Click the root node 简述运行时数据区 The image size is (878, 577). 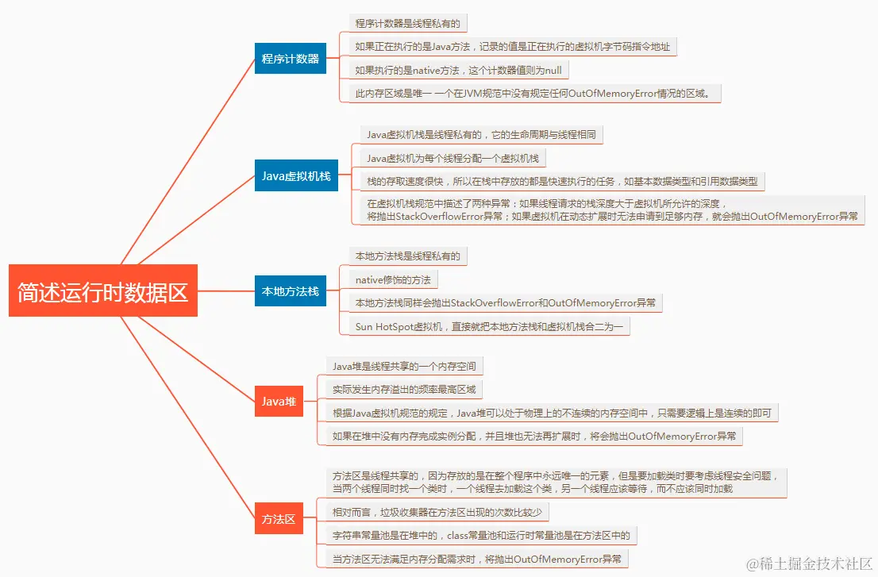coord(102,292)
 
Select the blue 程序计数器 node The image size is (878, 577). coord(291,59)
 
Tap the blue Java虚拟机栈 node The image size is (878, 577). coord(296,175)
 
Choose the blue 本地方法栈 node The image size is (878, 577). coord(291,291)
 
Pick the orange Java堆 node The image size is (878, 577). coord(279,402)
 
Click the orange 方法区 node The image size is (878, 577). coord(279,519)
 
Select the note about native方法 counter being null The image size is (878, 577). coord(458,70)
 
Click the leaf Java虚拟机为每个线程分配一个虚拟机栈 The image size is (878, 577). coord(452,158)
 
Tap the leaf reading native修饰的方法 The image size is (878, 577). coord(393,279)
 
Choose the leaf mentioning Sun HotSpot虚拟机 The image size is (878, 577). coord(489,326)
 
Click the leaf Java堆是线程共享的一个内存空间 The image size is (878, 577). coord(404,366)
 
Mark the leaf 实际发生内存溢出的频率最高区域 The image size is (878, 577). coord(404,389)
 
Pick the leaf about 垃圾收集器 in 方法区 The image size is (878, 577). coord(437,512)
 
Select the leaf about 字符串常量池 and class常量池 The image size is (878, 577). coord(481,535)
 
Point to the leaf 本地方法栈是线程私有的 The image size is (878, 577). coord(407,256)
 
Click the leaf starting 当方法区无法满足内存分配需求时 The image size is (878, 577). coord(478,559)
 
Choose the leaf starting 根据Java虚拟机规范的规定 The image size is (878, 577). coord(552,413)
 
